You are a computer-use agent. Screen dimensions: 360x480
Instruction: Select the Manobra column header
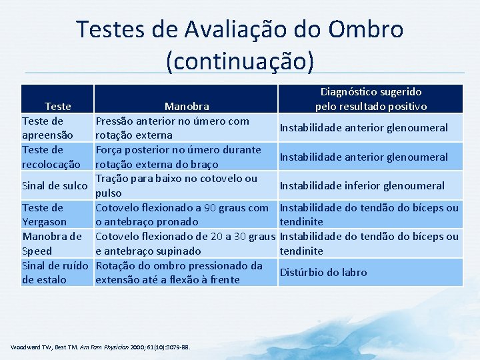coord(187,106)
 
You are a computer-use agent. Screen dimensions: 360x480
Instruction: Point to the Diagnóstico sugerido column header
coord(371,99)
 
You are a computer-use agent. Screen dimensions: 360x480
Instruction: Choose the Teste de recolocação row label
coord(51,157)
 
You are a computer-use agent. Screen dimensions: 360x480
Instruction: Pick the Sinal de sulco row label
coord(55,185)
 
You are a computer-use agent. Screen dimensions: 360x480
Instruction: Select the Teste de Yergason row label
coord(45,215)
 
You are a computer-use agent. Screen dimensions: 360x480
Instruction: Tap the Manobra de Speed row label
coord(52,243)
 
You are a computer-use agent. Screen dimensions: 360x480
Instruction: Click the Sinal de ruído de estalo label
coord(55,272)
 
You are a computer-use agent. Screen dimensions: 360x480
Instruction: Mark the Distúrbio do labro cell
coord(323,272)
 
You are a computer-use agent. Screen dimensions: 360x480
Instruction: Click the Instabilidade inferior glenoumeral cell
coord(362,185)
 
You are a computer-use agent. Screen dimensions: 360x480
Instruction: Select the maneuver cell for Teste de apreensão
coord(172,127)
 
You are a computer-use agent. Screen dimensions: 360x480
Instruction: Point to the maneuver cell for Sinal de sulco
coord(176,185)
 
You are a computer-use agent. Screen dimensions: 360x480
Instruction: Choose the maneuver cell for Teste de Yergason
coord(182,215)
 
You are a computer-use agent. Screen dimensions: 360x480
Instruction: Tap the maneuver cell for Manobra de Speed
coord(185,243)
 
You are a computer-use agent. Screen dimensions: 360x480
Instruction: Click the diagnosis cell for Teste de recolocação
coord(363,157)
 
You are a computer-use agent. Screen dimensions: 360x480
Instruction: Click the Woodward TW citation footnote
coord(101,347)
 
